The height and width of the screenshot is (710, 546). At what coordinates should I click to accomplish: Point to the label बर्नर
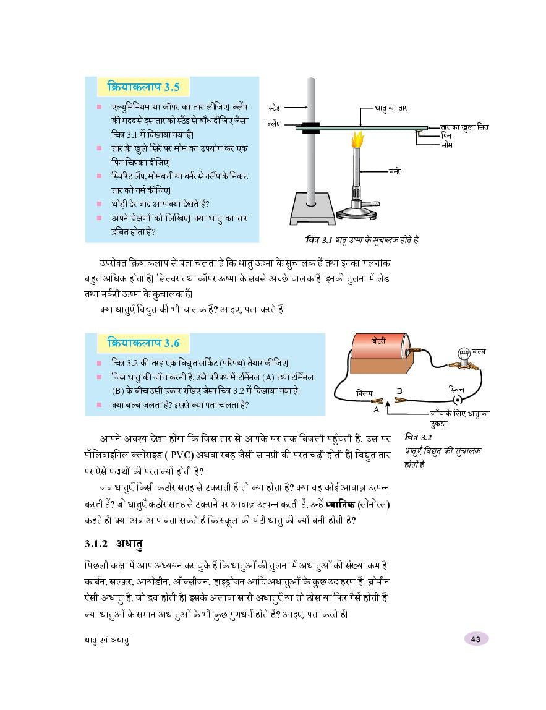(394, 171)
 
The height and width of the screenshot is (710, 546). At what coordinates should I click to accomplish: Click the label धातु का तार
(391, 108)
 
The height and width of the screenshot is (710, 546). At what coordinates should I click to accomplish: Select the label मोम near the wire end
(447, 144)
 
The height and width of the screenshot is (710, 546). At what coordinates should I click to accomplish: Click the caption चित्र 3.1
(362, 239)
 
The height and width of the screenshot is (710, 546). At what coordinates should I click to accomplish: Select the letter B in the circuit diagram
(399, 391)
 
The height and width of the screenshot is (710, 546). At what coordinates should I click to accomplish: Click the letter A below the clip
(375, 409)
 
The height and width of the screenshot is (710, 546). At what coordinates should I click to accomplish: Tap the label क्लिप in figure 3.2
(365, 392)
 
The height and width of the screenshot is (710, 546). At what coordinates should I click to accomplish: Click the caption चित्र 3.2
(418, 437)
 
